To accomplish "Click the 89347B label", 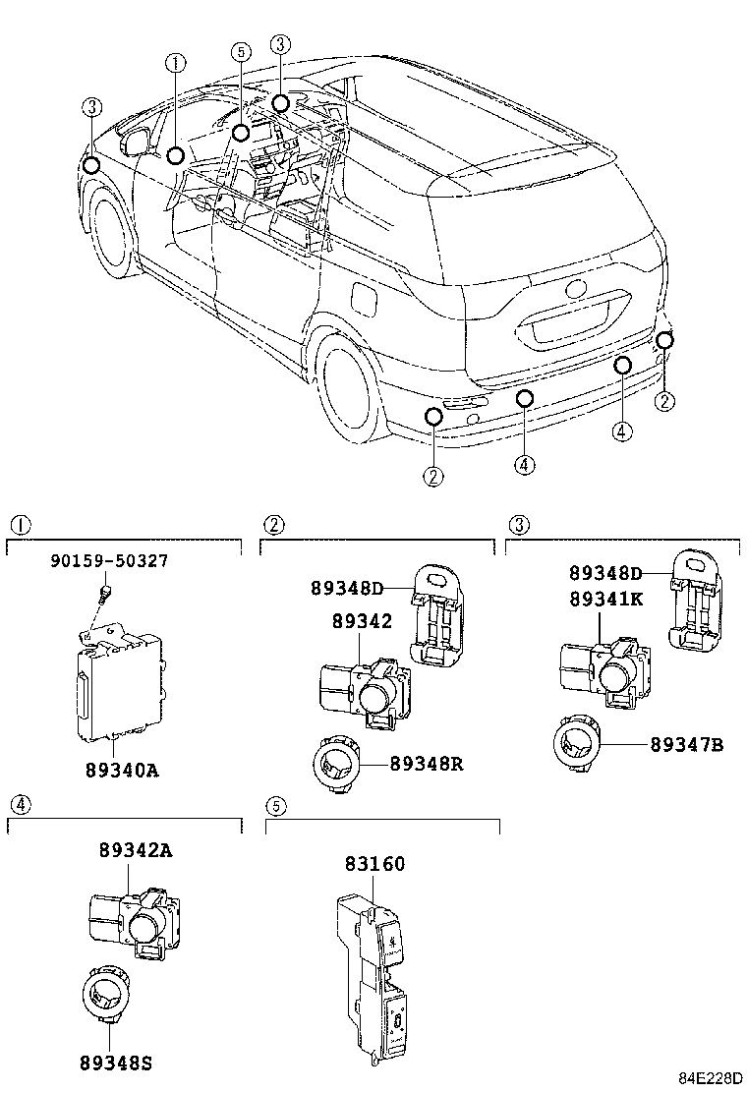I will click(686, 745).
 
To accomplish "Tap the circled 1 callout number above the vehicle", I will click(175, 63).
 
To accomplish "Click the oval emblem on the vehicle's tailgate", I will click(574, 292).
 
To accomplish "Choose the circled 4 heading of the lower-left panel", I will click(21, 804).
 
